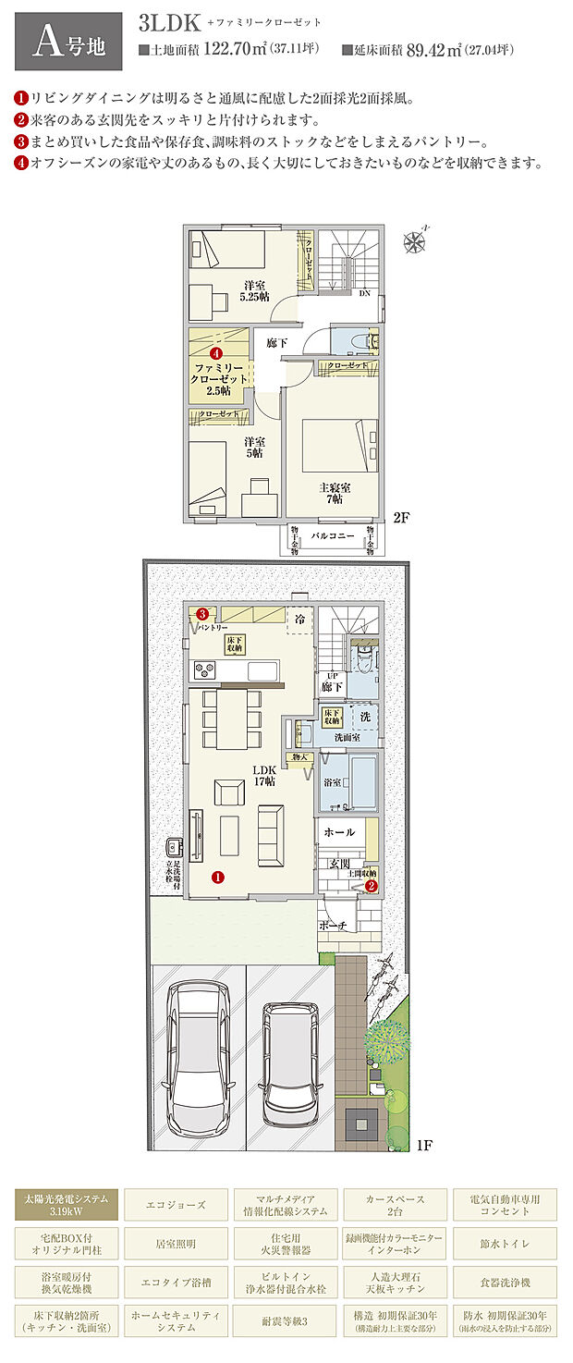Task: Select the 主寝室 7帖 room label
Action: coord(331,493)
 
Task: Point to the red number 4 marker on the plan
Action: coord(215,353)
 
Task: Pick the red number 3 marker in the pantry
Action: coord(201,613)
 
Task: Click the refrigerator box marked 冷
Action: coord(300,619)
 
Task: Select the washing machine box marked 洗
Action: coord(365,718)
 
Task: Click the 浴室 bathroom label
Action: coord(333,782)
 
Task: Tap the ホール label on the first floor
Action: coord(338,832)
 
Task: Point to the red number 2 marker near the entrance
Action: coord(371,885)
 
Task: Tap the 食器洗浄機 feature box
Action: coord(503,1281)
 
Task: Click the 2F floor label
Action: coord(401,518)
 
